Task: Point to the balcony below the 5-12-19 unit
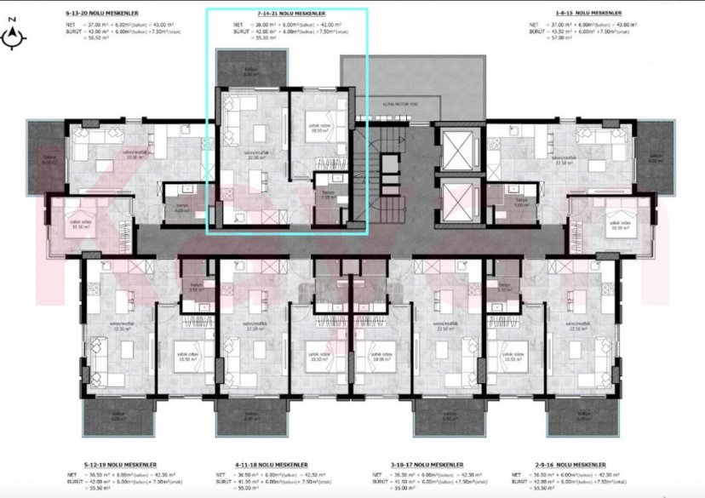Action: (118, 415)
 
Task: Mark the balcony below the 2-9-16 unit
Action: (583, 415)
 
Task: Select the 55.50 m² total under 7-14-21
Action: (244, 38)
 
